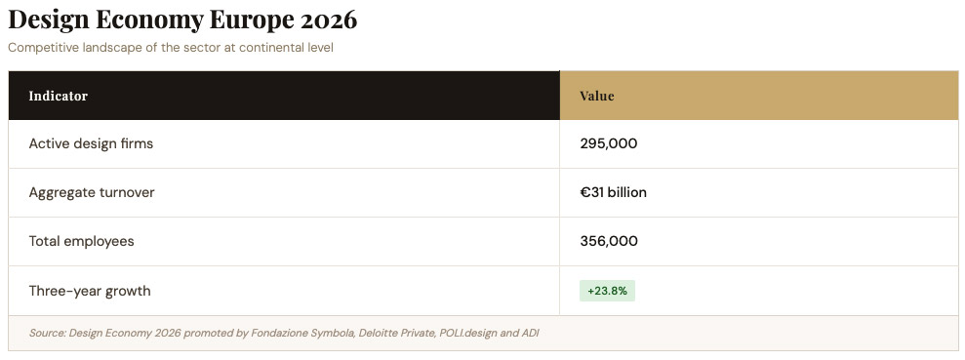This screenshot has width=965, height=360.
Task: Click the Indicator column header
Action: click(x=58, y=96)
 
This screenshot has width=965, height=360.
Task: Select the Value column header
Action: click(x=597, y=96)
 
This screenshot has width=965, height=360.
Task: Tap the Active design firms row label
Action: click(x=91, y=144)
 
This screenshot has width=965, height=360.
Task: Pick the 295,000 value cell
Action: click(x=609, y=144)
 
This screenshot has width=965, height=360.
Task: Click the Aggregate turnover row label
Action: click(x=92, y=192)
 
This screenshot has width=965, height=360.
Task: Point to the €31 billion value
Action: click(x=613, y=192)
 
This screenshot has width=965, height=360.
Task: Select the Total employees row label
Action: click(x=81, y=241)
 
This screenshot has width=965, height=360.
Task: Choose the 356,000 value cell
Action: click(x=609, y=241)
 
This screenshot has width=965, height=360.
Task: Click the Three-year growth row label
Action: click(x=90, y=291)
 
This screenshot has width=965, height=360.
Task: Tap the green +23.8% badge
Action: click(x=607, y=291)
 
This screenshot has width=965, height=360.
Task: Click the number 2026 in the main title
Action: click(x=329, y=20)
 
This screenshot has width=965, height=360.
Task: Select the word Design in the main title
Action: click(x=48, y=20)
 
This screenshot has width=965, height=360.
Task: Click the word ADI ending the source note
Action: click(x=531, y=333)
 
